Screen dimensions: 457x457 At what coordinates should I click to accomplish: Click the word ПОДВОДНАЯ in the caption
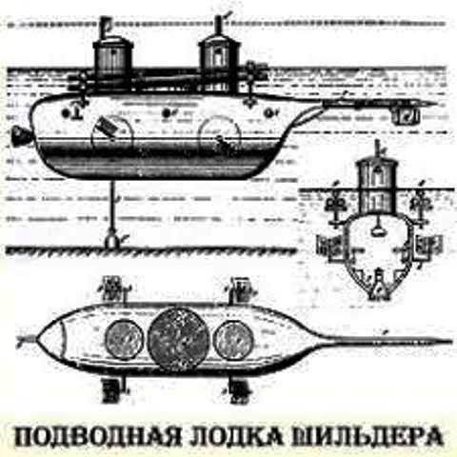click(x=97, y=437)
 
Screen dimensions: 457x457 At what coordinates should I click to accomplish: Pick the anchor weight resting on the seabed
click(x=111, y=241)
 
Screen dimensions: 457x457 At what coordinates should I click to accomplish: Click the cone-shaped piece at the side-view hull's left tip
click(x=22, y=136)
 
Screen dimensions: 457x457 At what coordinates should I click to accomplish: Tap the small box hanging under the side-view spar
click(x=406, y=115)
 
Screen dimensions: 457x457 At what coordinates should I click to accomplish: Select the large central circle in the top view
click(x=178, y=339)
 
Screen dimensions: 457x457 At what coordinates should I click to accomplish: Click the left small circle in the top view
click(x=124, y=340)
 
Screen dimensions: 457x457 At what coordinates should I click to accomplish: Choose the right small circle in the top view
click(x=233, y=340)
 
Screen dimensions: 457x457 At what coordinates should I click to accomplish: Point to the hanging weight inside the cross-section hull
click(x=378, y=231)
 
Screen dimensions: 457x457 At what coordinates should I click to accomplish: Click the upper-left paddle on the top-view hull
click(x=113, y=288)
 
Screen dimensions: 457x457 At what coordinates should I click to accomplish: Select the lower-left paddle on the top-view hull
click(x=111, y=389)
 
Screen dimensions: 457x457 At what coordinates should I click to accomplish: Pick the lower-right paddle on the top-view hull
click(x=241, y=389)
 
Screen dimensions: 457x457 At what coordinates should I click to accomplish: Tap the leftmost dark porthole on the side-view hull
click(x=66, y=112)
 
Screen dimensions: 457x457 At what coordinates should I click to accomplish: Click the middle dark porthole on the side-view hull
click(x=166, y=112)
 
